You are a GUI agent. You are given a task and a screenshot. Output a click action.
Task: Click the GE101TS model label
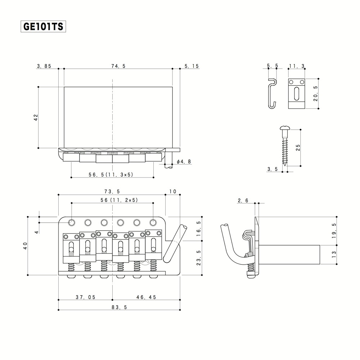pyautogui.click(x=43, y=27)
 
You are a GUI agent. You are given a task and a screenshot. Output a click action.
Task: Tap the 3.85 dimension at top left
pyautogui.click(x=44, y=66)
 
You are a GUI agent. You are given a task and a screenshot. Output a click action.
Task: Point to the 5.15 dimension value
pyautogui.click(x=192, y=66)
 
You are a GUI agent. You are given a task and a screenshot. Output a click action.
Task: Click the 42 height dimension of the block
pyautogui.click(x=36, y=117)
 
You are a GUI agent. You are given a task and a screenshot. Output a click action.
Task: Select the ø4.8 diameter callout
pyautogui.click(x=183, y=162)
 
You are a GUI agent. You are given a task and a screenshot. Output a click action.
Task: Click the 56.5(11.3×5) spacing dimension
pyautogui.click(x=111, y=174)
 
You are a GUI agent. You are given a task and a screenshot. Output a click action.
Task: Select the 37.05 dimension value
pyautogui.click(x=85, y=297)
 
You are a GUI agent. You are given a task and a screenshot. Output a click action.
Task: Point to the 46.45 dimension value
pyautogui.click(x=146, y=297)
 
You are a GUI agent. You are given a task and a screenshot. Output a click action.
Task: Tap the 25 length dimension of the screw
pyautogui.click(x=297, y=147)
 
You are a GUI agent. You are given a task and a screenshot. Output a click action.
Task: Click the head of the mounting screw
pyautogui.click(x=284, y=128)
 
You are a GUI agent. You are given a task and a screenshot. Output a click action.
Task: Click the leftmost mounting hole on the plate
pyautogui.click(x=72, y=222)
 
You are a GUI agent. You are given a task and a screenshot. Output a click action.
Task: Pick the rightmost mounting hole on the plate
pyautogui.click(x=153, y=222)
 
